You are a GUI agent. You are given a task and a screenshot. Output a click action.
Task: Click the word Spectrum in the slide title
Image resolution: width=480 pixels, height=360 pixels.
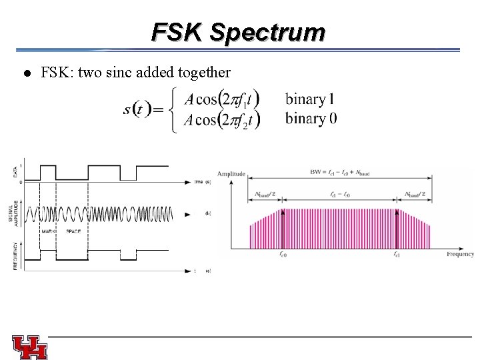(x=267, y=32)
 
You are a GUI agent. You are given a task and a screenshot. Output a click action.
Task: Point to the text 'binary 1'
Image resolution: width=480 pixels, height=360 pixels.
(x=310, y=99)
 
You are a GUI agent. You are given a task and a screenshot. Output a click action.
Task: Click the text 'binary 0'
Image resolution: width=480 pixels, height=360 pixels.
(x=311, y=119)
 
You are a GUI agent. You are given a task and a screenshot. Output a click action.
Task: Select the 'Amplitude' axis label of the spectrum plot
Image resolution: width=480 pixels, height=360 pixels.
(x=231, y=174)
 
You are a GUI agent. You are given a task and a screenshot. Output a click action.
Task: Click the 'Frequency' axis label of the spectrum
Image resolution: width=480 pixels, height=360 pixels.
(x=460, y=254)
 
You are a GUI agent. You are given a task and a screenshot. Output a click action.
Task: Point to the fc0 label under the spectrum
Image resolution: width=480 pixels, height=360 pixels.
(x=283, y=254)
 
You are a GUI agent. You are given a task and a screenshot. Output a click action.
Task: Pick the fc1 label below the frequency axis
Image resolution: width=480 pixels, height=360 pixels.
(x=397, y=254)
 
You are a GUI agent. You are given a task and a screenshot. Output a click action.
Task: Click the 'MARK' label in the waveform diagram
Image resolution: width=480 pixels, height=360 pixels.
(x=49, y=231)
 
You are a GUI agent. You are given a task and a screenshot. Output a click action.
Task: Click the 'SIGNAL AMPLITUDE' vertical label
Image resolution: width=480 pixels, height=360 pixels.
(x=16, y=213)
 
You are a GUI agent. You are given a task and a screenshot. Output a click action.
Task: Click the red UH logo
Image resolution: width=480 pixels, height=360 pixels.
(x=29, y=347)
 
